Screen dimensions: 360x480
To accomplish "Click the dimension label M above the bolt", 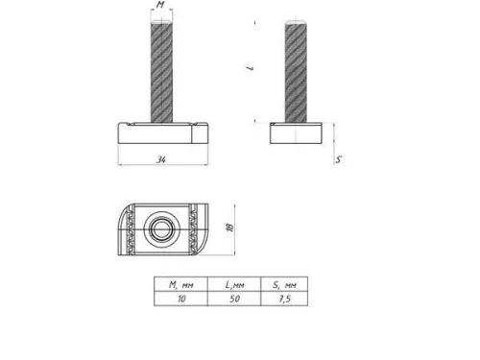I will [x=161, y=7].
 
